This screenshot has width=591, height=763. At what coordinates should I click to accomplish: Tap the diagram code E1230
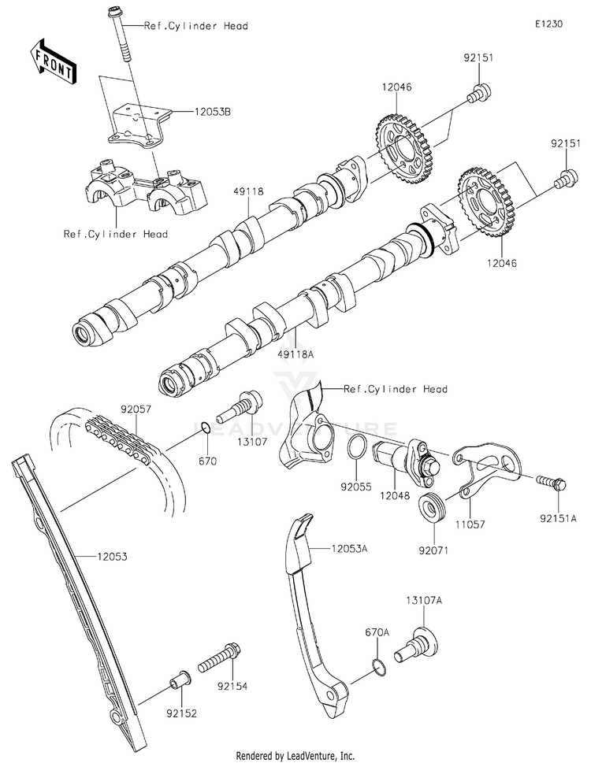pos(548,24)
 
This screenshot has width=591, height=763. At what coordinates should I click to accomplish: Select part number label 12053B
pos(212,112)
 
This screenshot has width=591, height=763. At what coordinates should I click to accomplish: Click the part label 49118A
pos(295,354)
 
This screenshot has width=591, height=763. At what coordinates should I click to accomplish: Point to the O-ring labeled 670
pos(206,428)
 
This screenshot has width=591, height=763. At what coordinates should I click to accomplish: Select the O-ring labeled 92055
pos(357,446)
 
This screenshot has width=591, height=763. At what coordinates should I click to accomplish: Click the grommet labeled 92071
pos(431,509)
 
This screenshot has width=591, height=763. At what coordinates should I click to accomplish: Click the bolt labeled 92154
pos(220,657)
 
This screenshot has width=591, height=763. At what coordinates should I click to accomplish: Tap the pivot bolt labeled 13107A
pos(416,645)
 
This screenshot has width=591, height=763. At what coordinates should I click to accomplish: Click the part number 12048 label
pos(395,496)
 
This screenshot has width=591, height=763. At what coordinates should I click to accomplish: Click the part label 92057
pos(136,409)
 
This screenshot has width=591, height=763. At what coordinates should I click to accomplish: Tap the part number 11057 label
pos(470,524)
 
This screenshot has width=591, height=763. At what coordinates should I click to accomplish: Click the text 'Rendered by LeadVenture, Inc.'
pos(295,756)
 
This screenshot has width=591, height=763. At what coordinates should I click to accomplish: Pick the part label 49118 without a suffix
pos(249,191)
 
